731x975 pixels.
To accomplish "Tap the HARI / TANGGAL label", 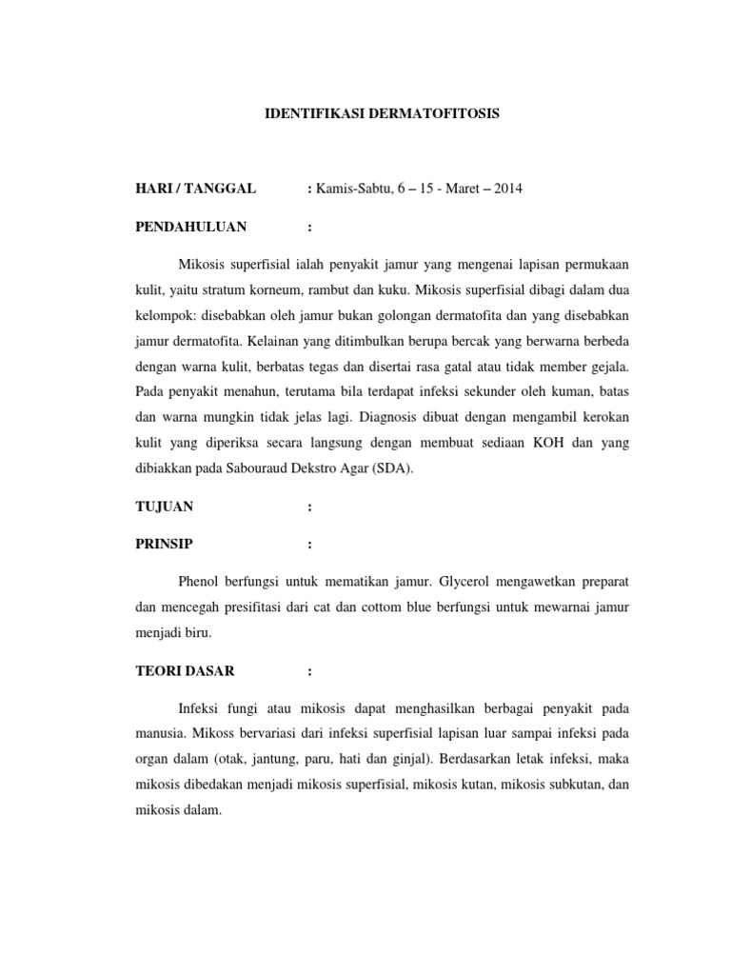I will click(x=195, y=189).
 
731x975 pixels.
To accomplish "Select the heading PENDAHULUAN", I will click(x=191, y=227).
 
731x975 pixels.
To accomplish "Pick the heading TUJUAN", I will click(x=165, y=508).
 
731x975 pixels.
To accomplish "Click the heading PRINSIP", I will click(x=165, y=545).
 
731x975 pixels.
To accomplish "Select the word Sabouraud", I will click(x=240, y=468).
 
